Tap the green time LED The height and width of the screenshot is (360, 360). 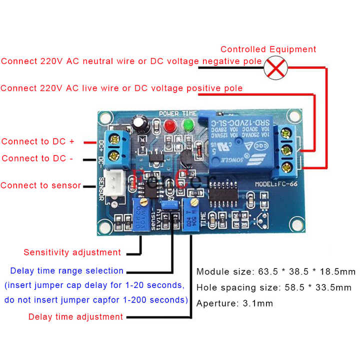pos(188,124)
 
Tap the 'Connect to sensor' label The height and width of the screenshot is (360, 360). pos(41,185)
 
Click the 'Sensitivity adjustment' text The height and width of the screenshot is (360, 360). pos(72,252)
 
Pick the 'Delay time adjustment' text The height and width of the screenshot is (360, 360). pos(75,316)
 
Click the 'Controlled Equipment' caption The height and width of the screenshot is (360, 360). pos(268,49)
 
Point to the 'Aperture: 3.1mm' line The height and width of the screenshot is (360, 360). pos(234,303)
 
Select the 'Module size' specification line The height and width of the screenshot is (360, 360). pos(275,272)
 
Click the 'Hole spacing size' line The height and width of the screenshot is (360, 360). pos(273,287)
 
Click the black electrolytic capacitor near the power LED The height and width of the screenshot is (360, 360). pos(140,124)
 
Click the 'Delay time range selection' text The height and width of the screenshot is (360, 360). pos(66,270)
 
